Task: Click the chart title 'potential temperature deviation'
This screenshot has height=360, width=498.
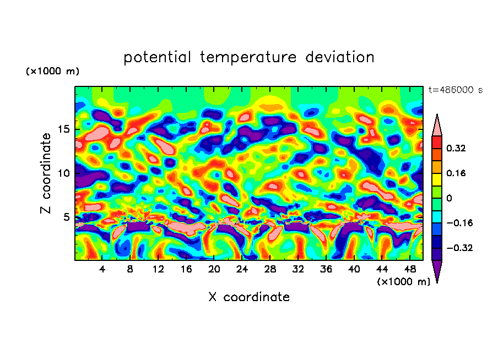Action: pos(249,57)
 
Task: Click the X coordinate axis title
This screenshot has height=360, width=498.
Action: pos(249,297)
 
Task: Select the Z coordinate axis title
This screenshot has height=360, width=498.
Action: pos(46,173)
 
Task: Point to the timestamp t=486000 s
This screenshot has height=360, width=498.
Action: pos(456,90)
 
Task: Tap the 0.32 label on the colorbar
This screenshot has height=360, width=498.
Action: pos(457,148)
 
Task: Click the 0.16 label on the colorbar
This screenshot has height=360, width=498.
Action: pos(457,173)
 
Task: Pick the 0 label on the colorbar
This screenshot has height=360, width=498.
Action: pos(450,198)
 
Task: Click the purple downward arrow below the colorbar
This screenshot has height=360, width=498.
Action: pos(437,271)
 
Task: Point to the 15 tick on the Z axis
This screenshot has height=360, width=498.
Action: pos(64,130)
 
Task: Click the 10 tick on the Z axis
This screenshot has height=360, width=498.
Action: pos(64,173)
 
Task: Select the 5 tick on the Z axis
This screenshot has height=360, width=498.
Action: pos(67,217)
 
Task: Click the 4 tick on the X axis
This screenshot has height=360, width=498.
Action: pos(102,269)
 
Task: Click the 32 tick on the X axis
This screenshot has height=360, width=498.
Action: pos(298,269)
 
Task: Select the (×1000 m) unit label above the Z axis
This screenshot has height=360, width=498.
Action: pos(52,72)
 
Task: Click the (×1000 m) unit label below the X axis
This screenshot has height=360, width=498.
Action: pos(403,281)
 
